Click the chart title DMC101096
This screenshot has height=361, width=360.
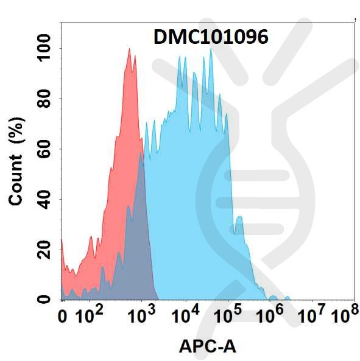(210, 38)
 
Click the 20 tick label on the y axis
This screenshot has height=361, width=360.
(44, 250)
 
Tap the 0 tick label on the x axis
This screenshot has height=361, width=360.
(63, 317)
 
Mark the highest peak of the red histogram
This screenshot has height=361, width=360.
(129, 50)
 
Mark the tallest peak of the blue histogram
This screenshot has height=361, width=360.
(211, 50)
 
